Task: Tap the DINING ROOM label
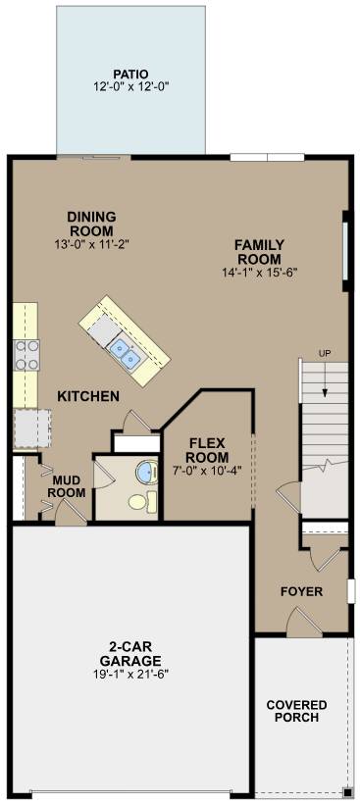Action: point(92,224)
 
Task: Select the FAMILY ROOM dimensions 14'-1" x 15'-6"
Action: point(259,272)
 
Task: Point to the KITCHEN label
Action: point(88,397)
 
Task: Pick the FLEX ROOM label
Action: point(208,449)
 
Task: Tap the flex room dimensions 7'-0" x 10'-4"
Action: point(208,471)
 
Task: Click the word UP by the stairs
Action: point(324,353)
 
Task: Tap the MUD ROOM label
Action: point(67,486)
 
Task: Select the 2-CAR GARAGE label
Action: point(129,653)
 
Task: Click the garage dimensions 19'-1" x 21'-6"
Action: point(129,675)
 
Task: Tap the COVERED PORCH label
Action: point(296,712)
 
